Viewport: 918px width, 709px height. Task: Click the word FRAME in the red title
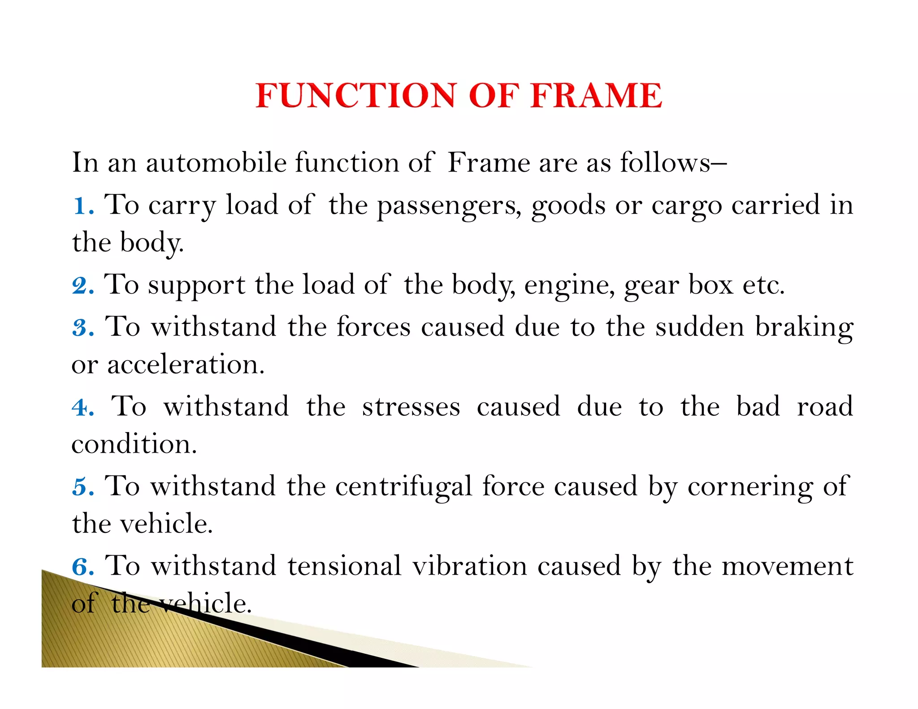point(596,95)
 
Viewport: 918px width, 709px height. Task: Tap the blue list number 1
point(82,206)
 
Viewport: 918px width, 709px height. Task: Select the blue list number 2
point(82,285)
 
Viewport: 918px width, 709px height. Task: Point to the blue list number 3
point(82,327)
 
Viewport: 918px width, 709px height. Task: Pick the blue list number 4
point(82,407)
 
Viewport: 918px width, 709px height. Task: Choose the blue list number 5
point(82,487)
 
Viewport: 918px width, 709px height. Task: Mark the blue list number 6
point(82,566)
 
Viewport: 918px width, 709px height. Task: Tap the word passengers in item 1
point(448,206)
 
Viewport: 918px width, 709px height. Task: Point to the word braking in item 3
point(804,327)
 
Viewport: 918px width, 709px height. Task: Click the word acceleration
point(186,364)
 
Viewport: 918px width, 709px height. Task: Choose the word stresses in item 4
point(411,407)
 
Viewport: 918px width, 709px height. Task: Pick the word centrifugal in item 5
point(403,487)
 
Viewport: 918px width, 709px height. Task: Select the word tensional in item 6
point(344,566)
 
